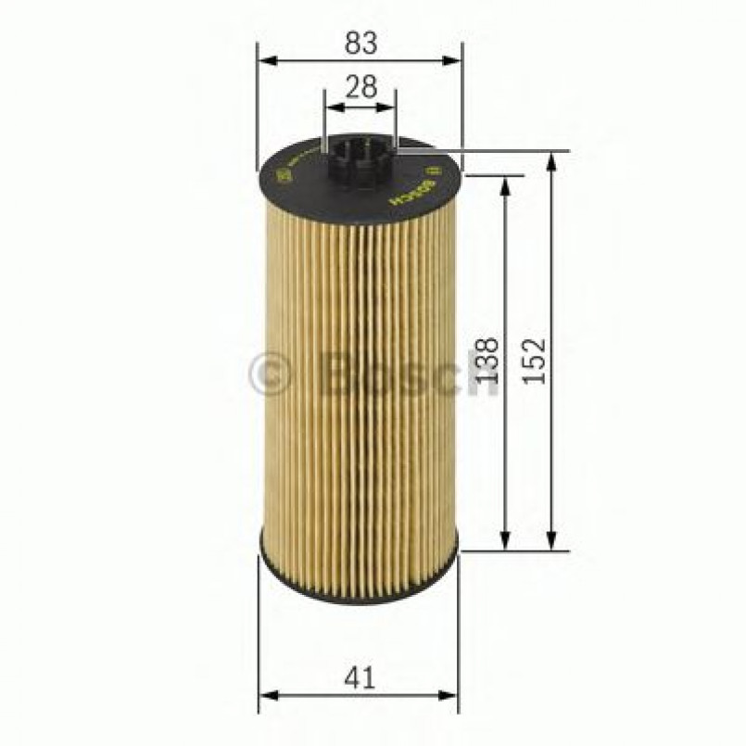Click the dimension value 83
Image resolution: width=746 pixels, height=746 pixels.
[360, 42]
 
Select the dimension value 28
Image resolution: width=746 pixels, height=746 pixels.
[360, 87]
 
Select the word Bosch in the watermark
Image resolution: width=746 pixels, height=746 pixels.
[408, 375]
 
